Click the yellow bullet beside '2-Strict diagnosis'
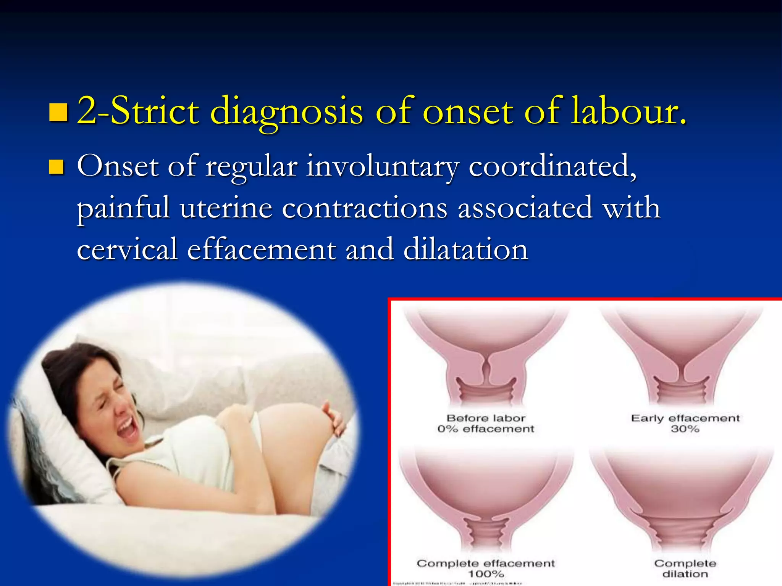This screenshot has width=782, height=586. pos(58,112)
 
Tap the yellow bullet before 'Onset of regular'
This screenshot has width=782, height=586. pos(57,167)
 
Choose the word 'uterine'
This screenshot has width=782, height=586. pos(226,208)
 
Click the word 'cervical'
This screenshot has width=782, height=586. pos(127,250)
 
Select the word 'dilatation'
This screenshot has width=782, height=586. pos(465,250)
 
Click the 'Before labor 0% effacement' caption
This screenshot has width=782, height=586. pos(486,423)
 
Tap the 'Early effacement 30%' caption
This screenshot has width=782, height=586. pos(685,423)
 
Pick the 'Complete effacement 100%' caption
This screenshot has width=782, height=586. pos(486,568)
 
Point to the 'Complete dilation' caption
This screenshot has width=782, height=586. pos(685,568)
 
